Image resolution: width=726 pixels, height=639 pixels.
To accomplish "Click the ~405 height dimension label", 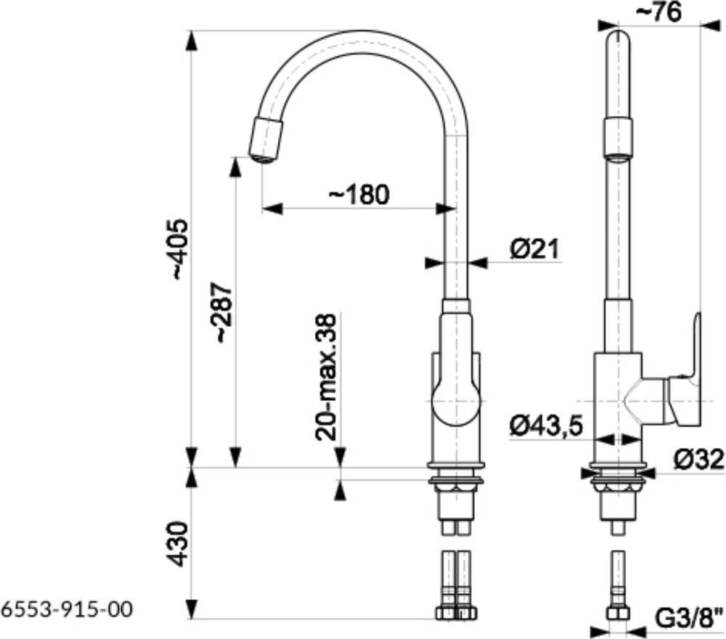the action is click(x=181, y=249).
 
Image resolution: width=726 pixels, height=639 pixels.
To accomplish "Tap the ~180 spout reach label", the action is click(x=359, y=195).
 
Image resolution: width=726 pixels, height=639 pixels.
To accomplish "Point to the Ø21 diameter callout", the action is click(x=535, y=249).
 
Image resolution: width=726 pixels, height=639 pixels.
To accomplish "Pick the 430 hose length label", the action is click(x=179, y=544).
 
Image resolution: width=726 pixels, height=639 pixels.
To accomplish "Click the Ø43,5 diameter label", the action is click(x=546, y=426).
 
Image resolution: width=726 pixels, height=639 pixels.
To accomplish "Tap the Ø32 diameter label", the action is click(x=698, y=460).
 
